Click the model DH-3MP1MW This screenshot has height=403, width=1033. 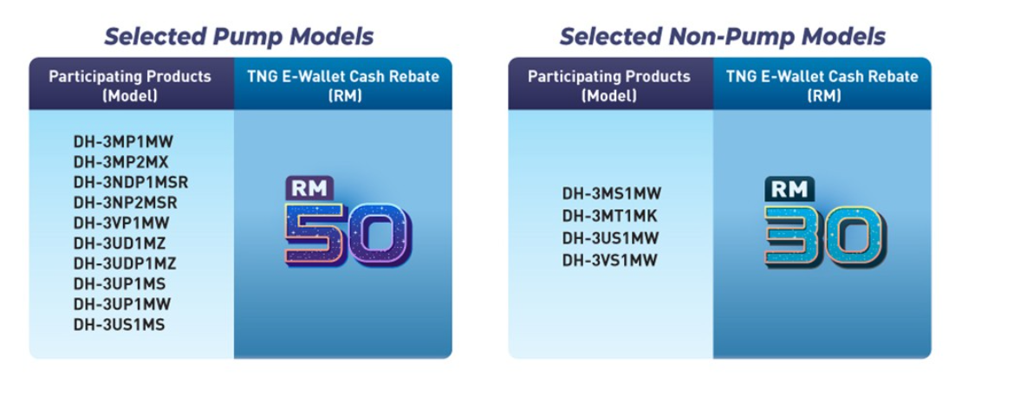pyautogui.click(x=123, y=141)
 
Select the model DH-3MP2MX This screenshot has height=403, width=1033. pyautogui.click(x=120, y=161)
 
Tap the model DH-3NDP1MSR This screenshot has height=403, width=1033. pyautogui.click(x=131, y=182)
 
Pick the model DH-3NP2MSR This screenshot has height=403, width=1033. pyautogui.click(x=125, y=202)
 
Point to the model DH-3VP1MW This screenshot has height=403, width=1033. pyautogui.click(x=122, y=223)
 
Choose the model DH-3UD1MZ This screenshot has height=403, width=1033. pyautogui.click(x=120, y=243)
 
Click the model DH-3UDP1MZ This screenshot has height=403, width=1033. pyautogui.click(x=125, y=263)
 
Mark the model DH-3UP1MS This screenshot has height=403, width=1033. pyautogui.click(x=120, y=283)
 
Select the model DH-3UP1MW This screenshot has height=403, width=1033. pyautogui.click(x=122, y=304)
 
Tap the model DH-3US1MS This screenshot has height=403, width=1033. pyautogui.click(x=120, y=325)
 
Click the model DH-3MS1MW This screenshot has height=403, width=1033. pyautogui.click(x=611, y=193)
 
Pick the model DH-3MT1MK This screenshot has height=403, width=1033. pyautogui.click(x=609, y=216)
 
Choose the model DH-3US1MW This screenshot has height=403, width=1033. pyautogui.click(x=610, y=238)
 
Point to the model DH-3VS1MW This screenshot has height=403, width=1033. pyautogui.click(x=609, y=261)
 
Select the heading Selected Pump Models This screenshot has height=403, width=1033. pyautogui.click(x=239, y=36)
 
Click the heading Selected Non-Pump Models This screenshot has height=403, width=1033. pyautogui.click(x=723, y=36)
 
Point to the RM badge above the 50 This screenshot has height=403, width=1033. pyautogui.click(x=309, y=189)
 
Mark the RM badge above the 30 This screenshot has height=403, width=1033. pyautogui.click(x=789, y=190)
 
